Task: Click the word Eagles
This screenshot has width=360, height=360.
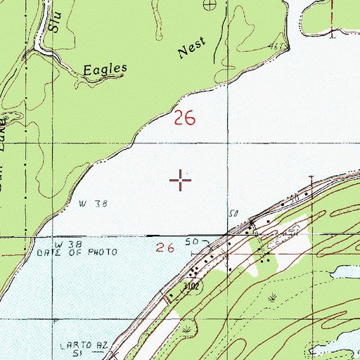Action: coord(105,70)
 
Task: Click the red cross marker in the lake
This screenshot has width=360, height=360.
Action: coord(181,180)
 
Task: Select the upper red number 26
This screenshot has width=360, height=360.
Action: coord(184,119)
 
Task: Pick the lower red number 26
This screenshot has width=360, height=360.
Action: coord(165,247)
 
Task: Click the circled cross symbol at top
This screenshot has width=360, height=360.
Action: coord(208,6)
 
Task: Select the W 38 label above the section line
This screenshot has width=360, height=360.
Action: coord(92,204)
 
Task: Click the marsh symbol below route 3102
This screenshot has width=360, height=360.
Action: coord(186,328)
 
